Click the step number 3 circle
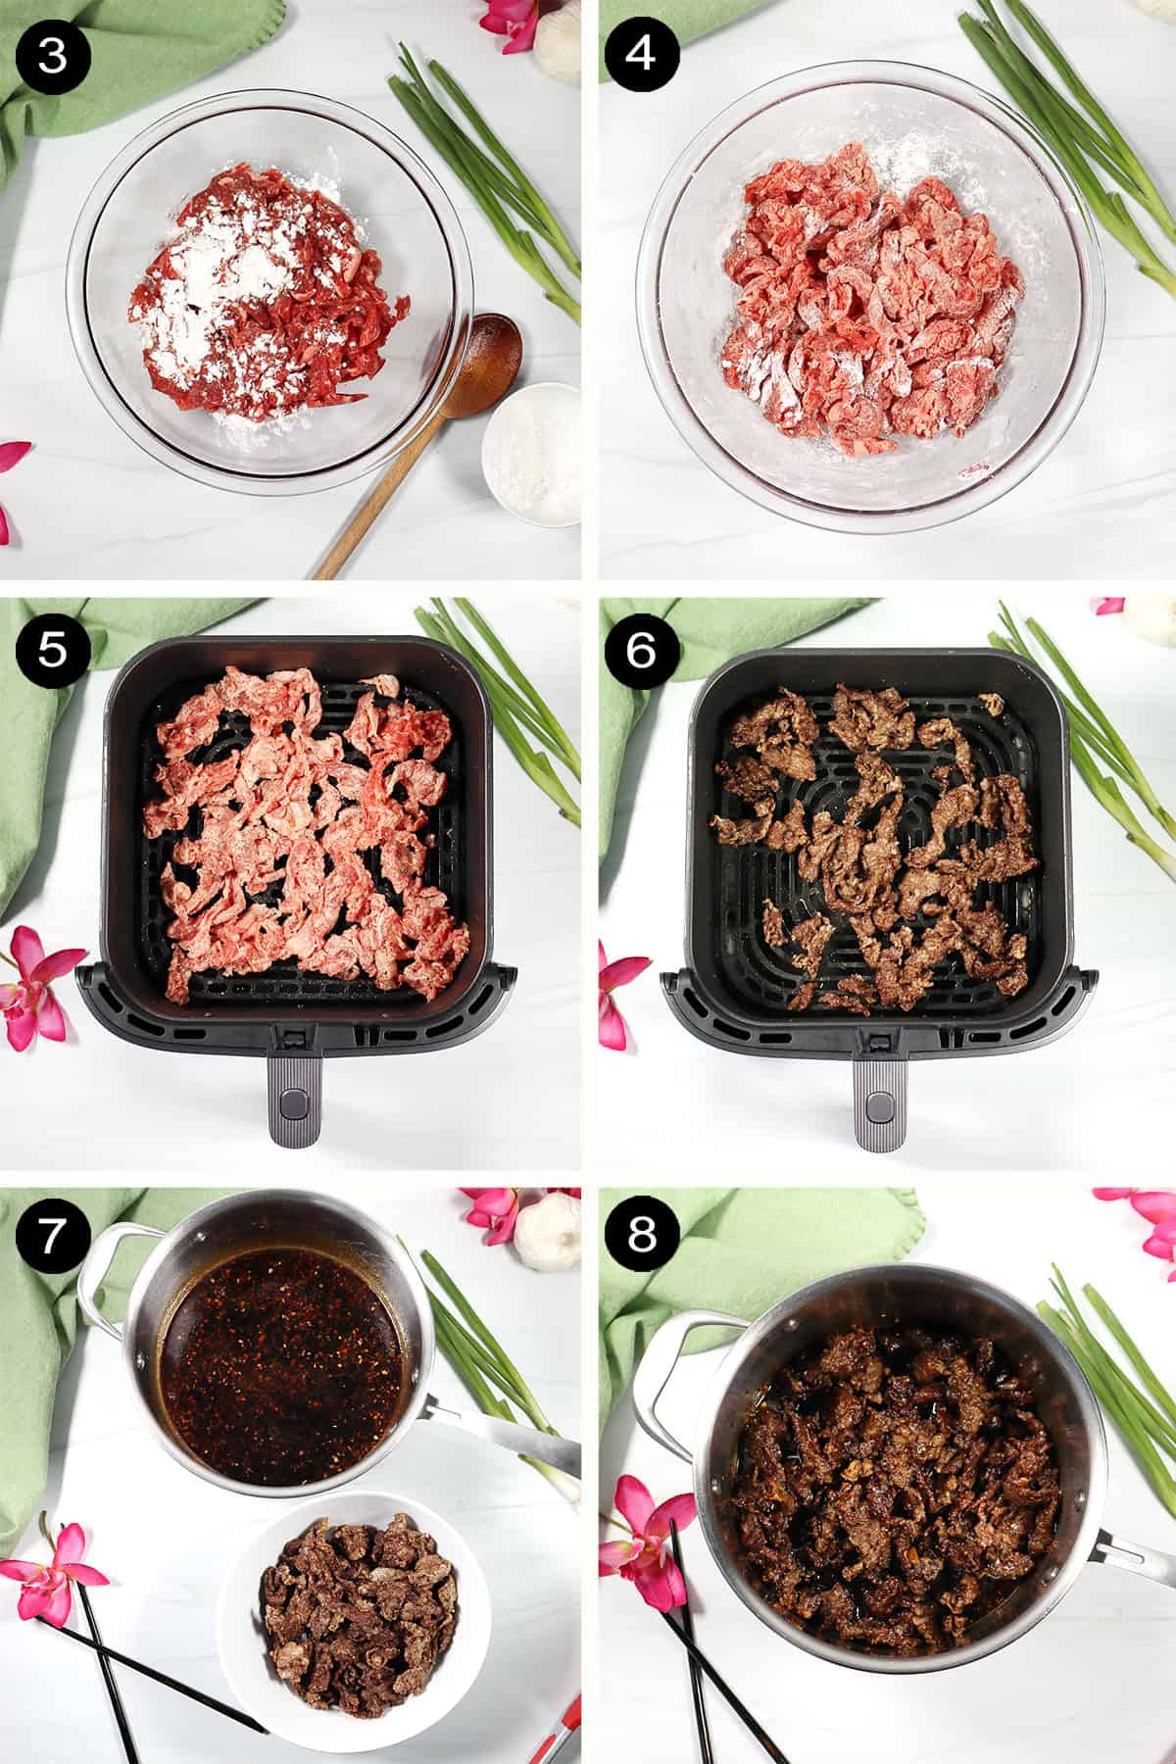53,54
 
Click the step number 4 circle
641,54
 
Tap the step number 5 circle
53,651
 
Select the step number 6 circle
641,651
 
